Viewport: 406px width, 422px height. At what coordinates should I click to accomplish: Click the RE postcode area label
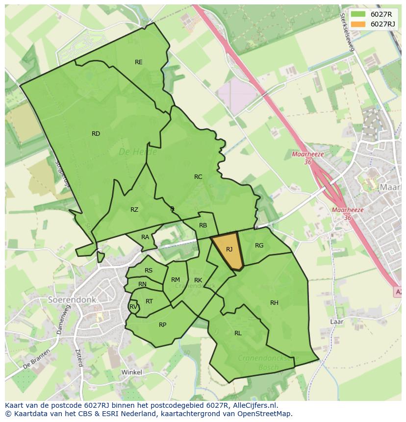pos(139,62)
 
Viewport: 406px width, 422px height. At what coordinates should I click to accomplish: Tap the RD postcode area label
pos(96,134)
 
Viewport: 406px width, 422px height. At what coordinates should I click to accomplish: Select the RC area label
pos(198,177)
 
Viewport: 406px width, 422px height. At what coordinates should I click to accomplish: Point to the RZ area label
pos(134,210)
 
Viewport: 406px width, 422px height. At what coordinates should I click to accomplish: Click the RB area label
pos(203,225)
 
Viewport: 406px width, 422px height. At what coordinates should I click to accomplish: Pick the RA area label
pos(145,237)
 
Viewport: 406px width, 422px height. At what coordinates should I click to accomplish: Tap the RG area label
pos(259,246)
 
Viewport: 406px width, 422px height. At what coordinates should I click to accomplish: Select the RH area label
pos(274,303)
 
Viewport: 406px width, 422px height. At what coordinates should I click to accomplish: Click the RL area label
pos(238,333)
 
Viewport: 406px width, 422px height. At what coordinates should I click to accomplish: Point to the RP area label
pos(163,324)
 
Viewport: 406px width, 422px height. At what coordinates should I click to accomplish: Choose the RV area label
pos(133,307)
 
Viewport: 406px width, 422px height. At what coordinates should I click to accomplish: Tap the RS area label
pos(149,271)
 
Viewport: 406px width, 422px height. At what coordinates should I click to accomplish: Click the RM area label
pos(176,280)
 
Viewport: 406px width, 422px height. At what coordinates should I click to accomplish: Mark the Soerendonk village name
pos(72,299)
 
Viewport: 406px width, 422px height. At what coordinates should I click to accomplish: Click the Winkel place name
pos(131,372)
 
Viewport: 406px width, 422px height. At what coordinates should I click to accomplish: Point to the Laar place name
pos(336,322)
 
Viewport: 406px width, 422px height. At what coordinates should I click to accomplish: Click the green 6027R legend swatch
pos(358,14)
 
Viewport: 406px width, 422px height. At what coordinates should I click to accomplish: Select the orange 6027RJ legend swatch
pos(358,24)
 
